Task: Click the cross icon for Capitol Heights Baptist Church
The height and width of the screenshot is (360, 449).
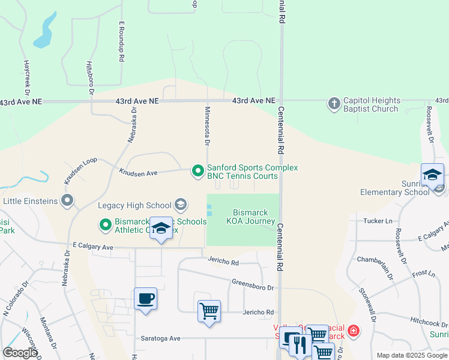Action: pyautogui.click(x=334, y=104)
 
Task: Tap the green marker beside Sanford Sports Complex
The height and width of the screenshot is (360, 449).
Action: pyautogui.click(x=197, y=172)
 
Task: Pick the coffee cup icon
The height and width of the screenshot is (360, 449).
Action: pyautogui.click(x=146, y=298)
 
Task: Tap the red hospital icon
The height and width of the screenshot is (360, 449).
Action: pyautogui.click(x=354, y=331)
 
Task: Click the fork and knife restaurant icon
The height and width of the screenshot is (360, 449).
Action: pyautogui.click(x=299, y=344)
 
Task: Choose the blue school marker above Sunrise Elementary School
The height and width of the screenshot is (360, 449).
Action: pyautogui.click(x=432, y=175)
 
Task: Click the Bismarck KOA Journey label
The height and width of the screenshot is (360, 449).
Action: pyautogui.click(x=251, y=217)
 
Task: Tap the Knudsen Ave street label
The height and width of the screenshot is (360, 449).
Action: pyautogui.click(x=138, y=173)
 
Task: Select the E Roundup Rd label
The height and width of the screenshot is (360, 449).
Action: pyautogui.click(x=121, y=42)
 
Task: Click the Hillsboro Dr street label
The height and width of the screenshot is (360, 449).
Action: pyautogui.click(x=91, y=78)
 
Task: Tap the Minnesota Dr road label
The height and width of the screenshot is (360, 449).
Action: pyautogui.click(x=207, y=126)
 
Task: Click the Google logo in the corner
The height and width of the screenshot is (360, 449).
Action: pyautogui.click(x=20, y=353)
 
